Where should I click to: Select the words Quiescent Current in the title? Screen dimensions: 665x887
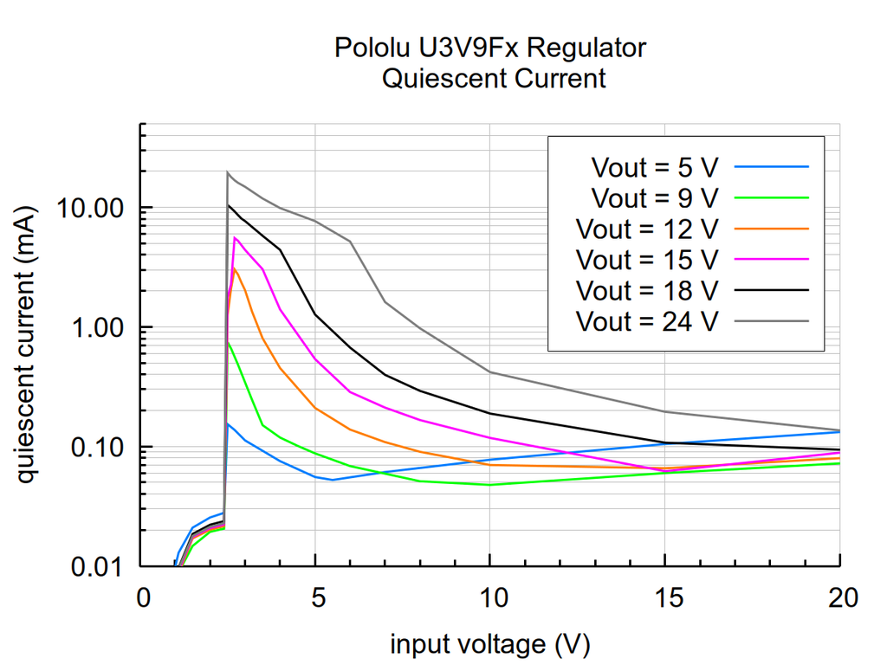click(493, 78)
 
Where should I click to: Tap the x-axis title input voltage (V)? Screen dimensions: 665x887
click(490, 643)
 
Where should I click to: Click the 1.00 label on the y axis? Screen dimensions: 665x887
click(100, 328)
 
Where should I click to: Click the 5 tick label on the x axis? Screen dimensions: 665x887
click(315, 598)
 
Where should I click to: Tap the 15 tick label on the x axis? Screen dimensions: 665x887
click(664, 598)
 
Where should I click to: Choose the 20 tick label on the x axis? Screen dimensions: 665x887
click(839, 598)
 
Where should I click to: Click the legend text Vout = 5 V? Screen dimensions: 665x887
click(654, 166)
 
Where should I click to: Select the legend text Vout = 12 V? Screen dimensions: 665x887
click(647, 229)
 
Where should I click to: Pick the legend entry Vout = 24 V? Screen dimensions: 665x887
click(647, 322)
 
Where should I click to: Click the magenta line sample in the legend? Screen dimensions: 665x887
click(771, 260)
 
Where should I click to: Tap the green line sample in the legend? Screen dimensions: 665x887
click(771, 197)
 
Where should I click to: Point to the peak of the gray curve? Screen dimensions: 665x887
click(227, 172)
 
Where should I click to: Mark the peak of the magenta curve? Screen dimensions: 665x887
click(235, 237)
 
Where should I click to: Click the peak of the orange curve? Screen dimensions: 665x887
click(235, 269)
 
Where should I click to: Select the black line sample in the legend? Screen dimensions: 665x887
click(771, 291)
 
